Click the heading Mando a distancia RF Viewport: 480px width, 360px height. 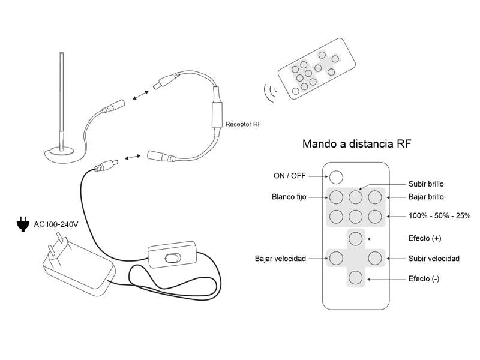[x=356, y=144]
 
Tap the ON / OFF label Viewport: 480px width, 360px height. [x=290, y=176]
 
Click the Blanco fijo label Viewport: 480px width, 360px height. [x=289, y=196]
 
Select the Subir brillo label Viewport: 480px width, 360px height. [x=426, y=184]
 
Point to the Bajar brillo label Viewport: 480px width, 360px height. [x=426, y=196]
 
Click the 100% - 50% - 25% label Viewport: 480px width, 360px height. [x=439, y=215]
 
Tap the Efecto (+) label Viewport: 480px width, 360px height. [x=424, y=238]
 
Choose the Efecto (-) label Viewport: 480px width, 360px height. [x=424, y=278]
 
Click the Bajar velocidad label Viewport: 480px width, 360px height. [x=280, y=259]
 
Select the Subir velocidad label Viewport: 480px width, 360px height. [x=434, y=259]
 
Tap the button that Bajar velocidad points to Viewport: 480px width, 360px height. [x=336, y=259]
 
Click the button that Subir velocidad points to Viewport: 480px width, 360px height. [x=375, y=259]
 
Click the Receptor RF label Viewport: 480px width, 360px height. [x=243, y=124]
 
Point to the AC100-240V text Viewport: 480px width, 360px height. [x=56, y=224]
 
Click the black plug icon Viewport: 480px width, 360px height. [x=23, y=225]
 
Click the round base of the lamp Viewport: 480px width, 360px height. [x=63, y=154]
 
